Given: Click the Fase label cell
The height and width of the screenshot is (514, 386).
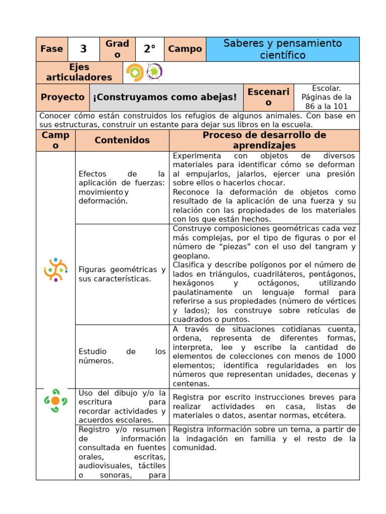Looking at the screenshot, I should [x=52, y=49].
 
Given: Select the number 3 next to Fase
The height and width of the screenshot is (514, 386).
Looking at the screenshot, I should [x=83, y=49].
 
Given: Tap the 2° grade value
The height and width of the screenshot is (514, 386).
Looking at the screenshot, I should [x=150, y=49].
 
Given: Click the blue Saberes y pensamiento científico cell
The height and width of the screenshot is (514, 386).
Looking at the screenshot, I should [x=282, y=49].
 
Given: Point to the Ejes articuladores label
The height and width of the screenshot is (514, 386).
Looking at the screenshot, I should [x=79, y=72].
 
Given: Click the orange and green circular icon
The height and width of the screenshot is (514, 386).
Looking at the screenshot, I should [x=135, y=72].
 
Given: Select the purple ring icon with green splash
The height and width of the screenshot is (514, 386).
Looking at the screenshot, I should [x=154, y=72].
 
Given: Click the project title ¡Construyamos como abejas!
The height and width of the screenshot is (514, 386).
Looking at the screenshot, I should [x=165, y=97].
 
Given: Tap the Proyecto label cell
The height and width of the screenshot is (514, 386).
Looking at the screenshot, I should [x=63, y=97].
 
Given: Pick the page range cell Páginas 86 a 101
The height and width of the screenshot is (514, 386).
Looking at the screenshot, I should [x=326, y=97].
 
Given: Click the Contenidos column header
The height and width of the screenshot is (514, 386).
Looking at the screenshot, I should [x=122, y=140].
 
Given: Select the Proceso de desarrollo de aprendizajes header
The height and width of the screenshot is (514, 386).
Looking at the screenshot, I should [x=264, y=140].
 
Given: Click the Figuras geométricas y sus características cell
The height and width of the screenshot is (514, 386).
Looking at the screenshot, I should [x=122, y=274].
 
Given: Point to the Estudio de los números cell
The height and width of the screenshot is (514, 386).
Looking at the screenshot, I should [x=122, y=356].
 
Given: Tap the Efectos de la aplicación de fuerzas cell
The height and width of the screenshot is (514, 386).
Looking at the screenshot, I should [x=122, y=187].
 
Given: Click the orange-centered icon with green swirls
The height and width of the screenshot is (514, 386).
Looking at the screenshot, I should [x=55, y=400].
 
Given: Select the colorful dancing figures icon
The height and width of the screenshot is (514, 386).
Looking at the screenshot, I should [x=55, y=270].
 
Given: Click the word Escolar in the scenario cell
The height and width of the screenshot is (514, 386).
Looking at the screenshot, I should [x=326, y=88].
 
